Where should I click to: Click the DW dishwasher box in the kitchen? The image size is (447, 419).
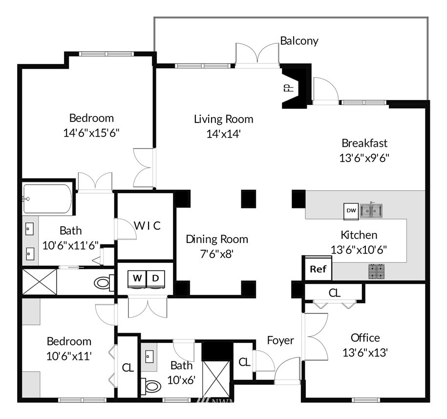351,210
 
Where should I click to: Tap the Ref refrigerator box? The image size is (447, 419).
318,269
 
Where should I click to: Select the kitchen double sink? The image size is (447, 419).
371,210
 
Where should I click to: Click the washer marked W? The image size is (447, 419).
137,278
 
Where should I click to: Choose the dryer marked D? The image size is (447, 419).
156,278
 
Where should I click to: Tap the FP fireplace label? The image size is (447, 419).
287,88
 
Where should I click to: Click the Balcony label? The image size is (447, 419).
299,40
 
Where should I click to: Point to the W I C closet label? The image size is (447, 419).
148,226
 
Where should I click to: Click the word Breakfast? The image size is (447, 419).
364,143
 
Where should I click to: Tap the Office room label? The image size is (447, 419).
365,338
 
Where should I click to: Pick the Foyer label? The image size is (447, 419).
280,340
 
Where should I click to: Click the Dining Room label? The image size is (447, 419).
216,239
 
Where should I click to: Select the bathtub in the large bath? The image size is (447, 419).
47,198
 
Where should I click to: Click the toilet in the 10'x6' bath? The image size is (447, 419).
152,387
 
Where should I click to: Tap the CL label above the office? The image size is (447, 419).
334,293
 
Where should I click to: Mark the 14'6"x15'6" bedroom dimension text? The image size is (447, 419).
91,132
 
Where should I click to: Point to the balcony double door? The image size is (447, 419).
257,54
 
